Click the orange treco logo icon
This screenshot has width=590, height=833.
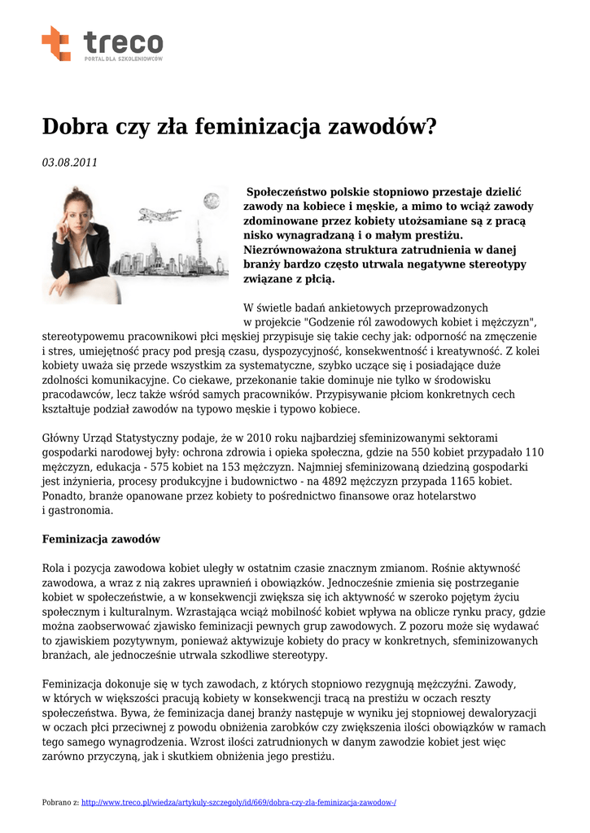56,43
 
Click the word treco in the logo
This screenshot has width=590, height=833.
123,41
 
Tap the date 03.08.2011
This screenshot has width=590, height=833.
69,162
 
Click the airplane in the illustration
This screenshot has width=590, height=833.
160,215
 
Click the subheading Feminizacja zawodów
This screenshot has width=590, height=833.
101,539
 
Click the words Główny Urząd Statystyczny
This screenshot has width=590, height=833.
110,438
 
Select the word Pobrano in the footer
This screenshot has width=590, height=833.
55,802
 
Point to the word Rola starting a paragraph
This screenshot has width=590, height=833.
54,569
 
